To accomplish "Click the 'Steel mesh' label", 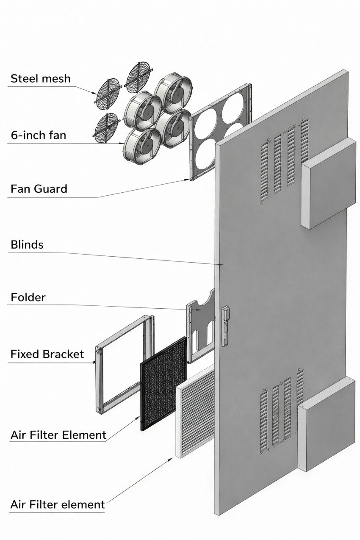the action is click(41, 79).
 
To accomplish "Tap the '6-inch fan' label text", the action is click(39, 135).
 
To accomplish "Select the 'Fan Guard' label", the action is click(39, 189).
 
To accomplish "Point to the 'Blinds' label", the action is click(27, 245).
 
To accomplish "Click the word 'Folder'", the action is click(28, 297).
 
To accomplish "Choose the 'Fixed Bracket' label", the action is click(47, 354).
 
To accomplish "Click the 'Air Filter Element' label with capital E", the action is click(58, 435).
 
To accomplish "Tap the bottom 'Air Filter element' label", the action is click(58, 498).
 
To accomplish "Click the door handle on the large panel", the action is click(225, 326).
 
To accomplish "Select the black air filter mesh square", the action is click(163, 384).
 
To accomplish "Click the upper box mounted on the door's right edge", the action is click(328, 184).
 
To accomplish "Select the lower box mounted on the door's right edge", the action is click(327, 425).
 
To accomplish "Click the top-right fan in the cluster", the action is click(173, 93).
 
